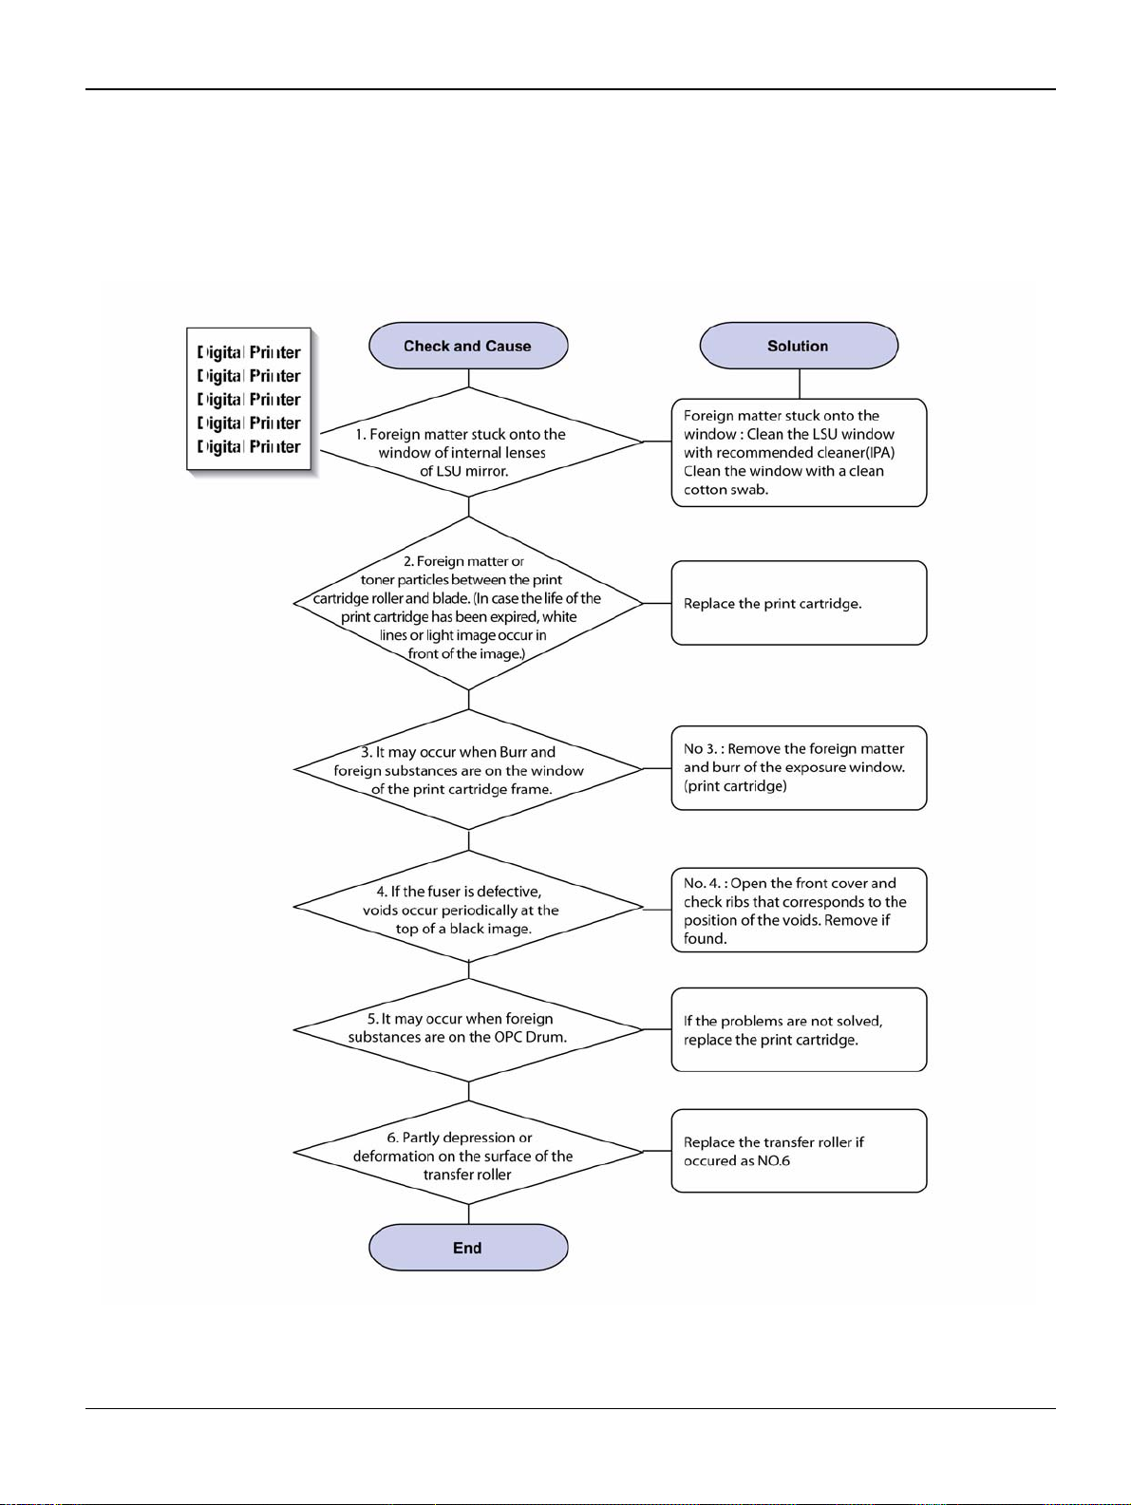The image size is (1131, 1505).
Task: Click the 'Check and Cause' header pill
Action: [468, 346]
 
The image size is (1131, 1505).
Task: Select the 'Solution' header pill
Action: [799, 346]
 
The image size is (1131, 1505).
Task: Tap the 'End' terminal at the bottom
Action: [468, 1247]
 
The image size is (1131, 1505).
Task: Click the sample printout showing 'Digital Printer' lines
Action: [250, 399]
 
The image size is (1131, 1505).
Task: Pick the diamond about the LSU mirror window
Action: [468, 442]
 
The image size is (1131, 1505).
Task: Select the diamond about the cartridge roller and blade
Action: [468, 603]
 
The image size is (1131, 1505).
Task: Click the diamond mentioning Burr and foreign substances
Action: [468, 769]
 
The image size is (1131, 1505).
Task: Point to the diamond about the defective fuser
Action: [468, 907]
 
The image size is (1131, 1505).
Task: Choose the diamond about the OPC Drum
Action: [468, 1029]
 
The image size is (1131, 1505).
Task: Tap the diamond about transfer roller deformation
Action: [468, 1152]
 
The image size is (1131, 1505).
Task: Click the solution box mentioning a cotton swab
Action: [800, 453]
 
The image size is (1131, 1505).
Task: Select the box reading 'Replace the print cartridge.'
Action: [800, 603]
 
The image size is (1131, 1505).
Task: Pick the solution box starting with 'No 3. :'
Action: [800, 768]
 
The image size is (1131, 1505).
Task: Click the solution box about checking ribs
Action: [800, 910]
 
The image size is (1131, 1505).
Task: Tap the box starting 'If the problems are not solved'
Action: [800, 1029]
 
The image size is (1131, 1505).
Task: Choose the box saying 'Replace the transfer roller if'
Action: [800, 1151]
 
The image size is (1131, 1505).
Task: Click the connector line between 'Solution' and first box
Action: [800, 384]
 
